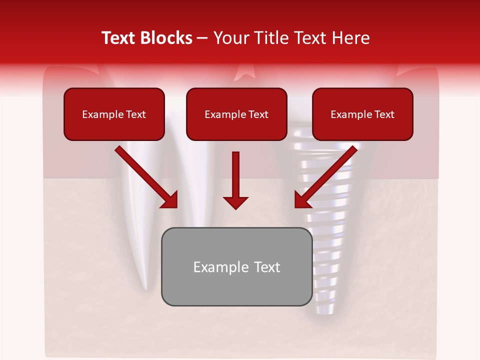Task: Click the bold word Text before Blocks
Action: pos(120,38)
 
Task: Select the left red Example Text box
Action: pos(114,114)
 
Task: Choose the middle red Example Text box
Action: pos(236,114)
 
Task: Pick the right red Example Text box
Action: pos(362,114)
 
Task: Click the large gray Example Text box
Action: pos(236,267)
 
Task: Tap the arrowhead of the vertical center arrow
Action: pos(235,202)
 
